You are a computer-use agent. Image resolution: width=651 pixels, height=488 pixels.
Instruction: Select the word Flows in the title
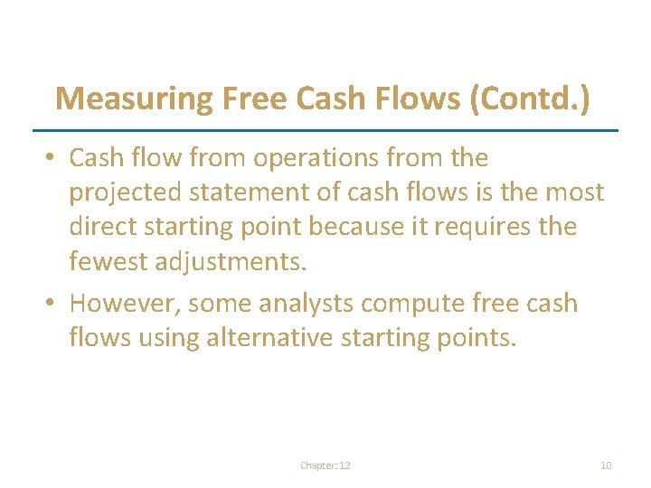[417, 99]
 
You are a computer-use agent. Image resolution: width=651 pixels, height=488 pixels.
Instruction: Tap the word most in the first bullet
[573, 192]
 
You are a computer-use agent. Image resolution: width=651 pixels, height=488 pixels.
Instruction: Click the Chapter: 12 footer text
[325, 465]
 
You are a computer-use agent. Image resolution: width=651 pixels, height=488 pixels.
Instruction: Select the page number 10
[606, 465]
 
